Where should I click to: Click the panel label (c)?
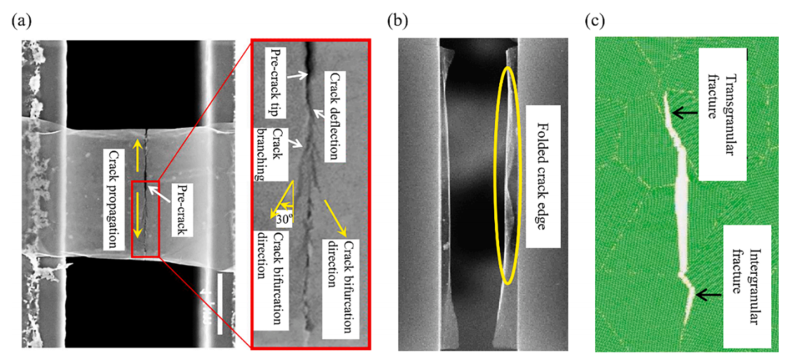[x=595, y=21]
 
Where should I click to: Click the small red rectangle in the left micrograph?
[x=145, y=218]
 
